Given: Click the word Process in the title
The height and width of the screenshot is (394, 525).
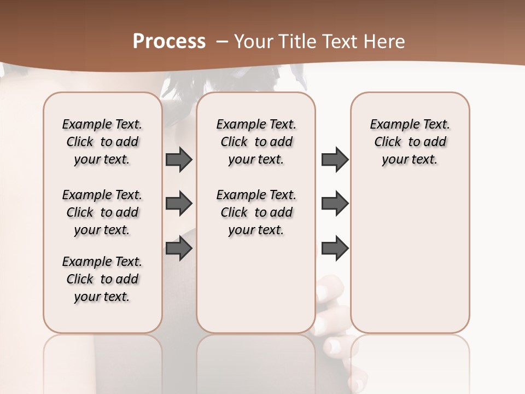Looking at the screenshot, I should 169,42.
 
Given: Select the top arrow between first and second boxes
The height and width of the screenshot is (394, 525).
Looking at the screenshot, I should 179,160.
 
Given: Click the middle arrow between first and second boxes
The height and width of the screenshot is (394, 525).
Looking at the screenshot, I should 179,204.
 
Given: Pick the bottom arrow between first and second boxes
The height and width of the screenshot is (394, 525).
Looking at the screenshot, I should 179,248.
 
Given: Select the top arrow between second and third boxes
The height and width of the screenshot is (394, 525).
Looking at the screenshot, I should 335,160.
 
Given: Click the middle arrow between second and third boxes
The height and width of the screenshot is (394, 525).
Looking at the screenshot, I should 335,204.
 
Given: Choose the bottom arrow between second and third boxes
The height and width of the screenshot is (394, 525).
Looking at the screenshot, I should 335,248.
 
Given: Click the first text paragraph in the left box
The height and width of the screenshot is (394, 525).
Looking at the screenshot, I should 102,142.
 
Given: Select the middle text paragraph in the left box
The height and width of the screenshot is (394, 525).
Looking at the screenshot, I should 102,212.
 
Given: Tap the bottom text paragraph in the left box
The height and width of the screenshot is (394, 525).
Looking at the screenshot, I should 102,279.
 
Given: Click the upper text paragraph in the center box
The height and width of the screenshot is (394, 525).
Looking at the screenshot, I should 256,142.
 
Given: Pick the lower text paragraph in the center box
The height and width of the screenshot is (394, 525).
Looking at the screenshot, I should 256,212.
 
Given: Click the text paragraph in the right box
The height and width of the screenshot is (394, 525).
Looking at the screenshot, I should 410,142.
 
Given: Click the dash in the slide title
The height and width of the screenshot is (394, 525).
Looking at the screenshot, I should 222,42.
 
